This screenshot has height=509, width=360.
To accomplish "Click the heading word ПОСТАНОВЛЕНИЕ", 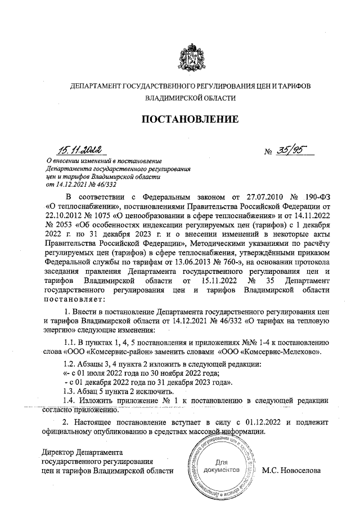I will click(190, 119).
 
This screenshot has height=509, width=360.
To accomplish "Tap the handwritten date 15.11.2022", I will click(79, 150).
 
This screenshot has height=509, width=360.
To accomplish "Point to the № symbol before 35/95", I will click(268, 152).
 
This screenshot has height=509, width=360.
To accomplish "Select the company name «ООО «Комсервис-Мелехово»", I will click(269, 353).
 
